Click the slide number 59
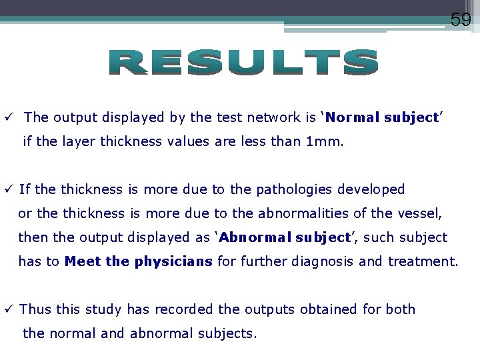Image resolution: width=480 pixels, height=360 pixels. point(461,19)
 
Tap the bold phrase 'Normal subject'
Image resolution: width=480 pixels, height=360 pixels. point(381,117)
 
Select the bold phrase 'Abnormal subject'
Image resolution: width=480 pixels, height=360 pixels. point(285,237)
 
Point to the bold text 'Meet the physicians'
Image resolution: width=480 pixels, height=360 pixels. point(139,261)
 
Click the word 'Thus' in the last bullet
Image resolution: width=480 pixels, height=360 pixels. point(33,309)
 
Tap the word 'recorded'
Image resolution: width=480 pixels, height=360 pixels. point(186,309)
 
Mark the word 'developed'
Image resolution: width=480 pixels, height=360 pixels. point(371,189)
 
